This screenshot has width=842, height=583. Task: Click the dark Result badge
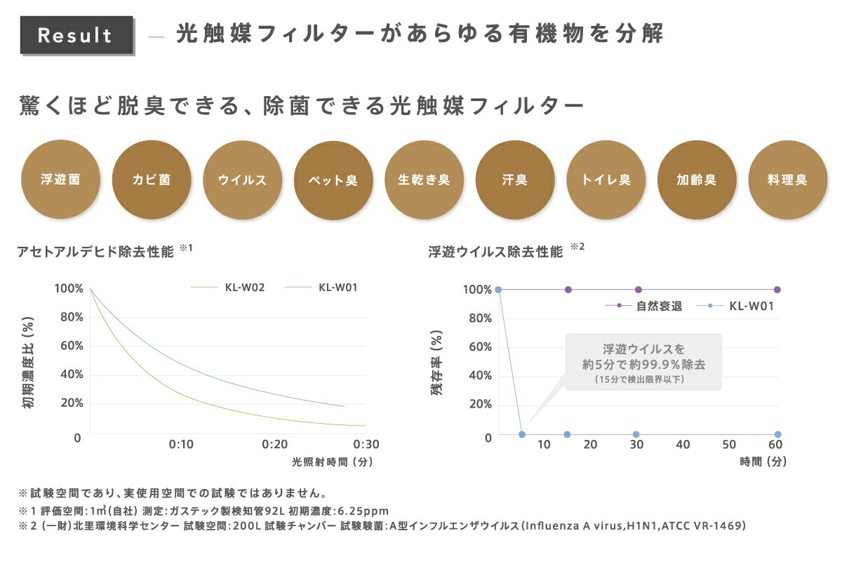coord(76,36)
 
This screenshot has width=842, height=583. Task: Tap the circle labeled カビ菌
coord(151,180)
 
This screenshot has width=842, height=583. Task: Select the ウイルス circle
coord(242,180)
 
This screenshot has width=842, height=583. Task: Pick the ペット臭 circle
coord(333,180)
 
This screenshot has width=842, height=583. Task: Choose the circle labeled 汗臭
coord(514,180)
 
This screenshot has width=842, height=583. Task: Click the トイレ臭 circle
coord(606,180)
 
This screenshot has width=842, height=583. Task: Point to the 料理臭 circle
coord(787,180)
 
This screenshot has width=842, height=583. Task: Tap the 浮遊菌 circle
coord(60,180)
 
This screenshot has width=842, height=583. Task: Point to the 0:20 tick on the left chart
coord(274,444)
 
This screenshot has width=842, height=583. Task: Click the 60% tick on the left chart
coord(68,346)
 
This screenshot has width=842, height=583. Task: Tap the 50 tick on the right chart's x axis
coord(729,445)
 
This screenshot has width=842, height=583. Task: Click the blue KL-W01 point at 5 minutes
coord(522,434)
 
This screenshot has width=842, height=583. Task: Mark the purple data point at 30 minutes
coord(639,290)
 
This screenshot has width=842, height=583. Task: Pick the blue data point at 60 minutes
coord(777,434)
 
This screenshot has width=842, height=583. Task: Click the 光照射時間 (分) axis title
coord(332,462)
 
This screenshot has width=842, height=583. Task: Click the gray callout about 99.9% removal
coord(643,361)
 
